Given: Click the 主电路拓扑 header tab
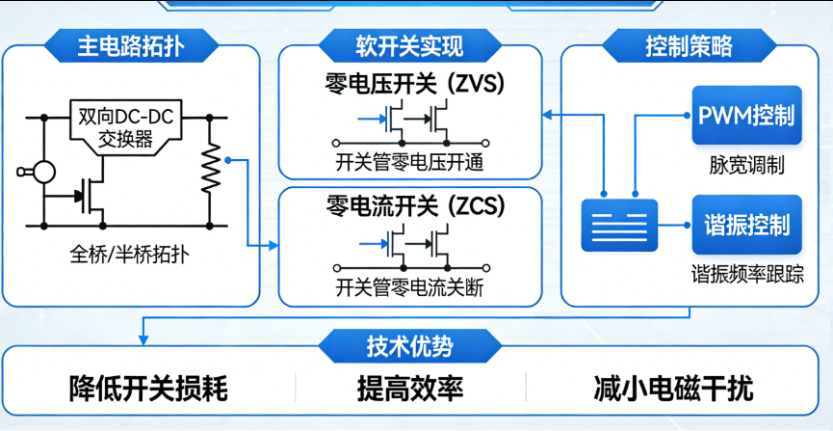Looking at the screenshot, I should (132, 45).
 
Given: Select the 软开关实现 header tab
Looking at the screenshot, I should (409, 45).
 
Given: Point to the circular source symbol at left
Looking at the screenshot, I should (41, 173).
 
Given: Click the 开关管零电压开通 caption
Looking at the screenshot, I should (409, 160).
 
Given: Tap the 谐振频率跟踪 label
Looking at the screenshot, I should (746, 273).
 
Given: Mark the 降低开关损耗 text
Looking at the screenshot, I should (148, 390).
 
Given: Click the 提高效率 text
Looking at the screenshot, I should (410, 390).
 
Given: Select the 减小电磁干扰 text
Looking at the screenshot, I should (674, 390).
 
